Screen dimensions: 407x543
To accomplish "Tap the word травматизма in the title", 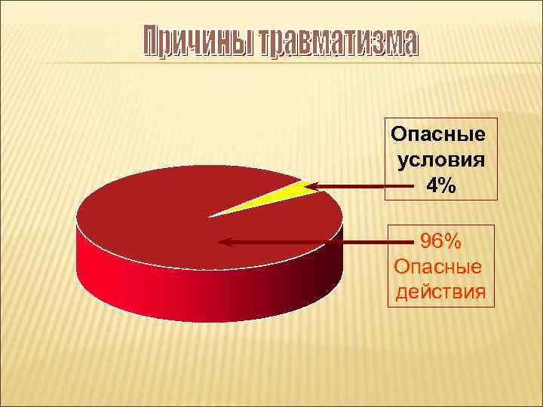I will (x=337, y=43).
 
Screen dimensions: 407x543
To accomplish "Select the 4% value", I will (x=441, y=185).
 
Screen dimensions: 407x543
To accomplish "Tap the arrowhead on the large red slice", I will (x=224, y=242).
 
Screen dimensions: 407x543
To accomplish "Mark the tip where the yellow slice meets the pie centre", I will (x=210, y=216).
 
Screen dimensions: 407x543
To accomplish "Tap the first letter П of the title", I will (x=151, y=43).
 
